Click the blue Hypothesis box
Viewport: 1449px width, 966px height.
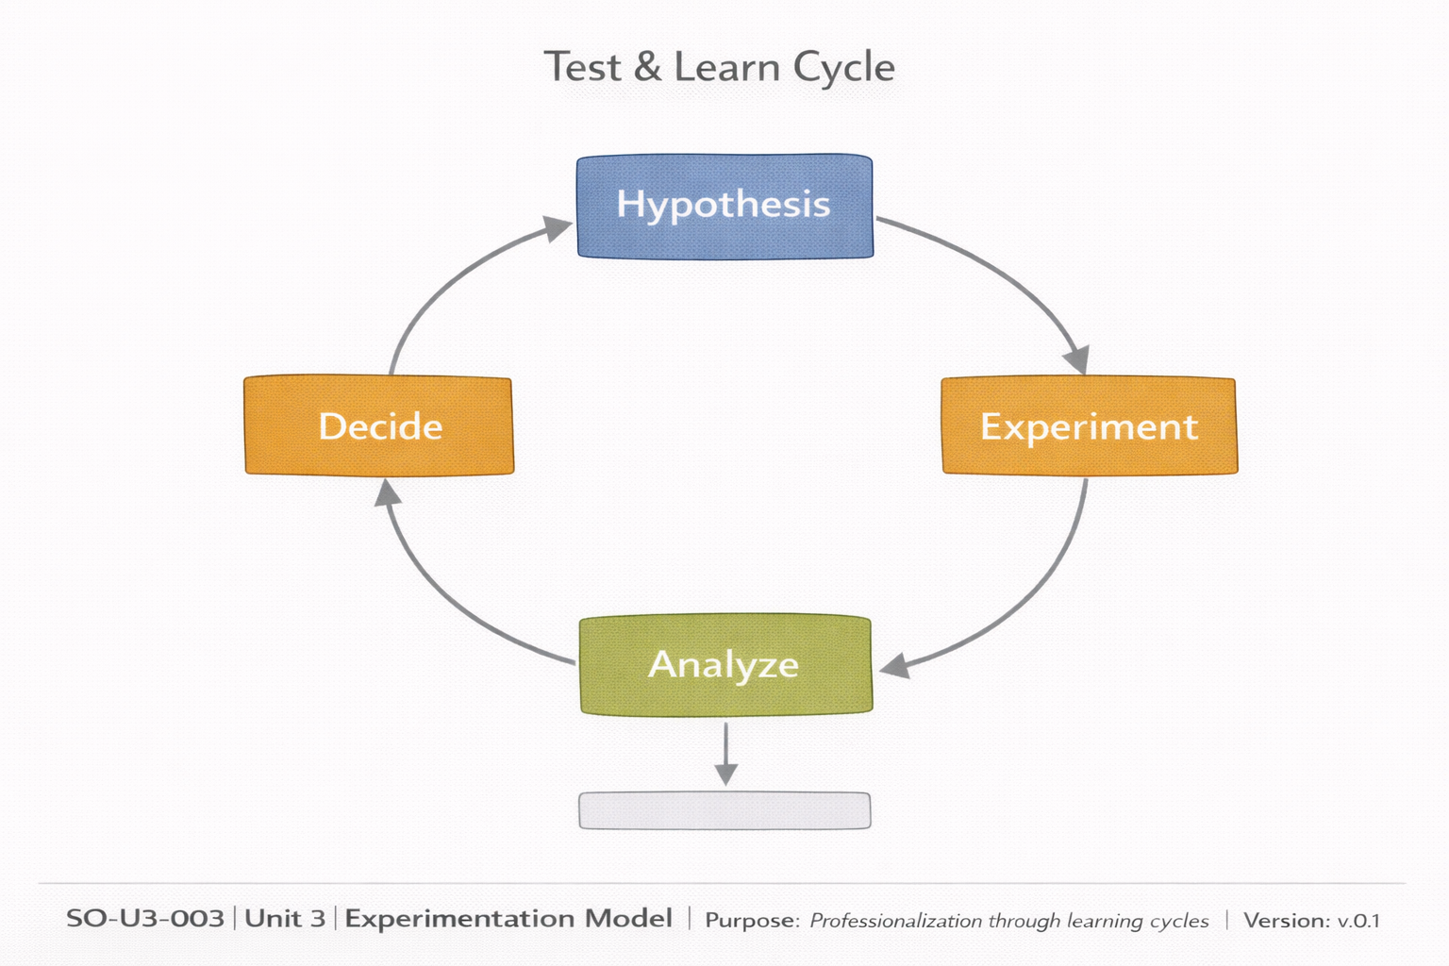[724, 206]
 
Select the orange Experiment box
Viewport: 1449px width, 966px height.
[1089, 426]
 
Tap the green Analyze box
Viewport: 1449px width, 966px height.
[724, 665]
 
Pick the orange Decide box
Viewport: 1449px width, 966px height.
[379, 426]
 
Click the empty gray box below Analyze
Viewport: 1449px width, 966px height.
[724, 810]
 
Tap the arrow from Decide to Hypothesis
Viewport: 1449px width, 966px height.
[443, 283]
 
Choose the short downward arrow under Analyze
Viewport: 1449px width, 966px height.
[725, 753]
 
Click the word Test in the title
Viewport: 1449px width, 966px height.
[583, 68]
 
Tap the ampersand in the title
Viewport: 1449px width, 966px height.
[647, 68]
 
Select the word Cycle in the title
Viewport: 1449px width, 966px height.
[843, 68]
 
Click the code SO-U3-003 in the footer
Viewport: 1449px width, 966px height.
[145, 919]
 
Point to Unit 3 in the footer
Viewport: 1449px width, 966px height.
[285, 919]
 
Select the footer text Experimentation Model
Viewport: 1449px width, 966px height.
[508, 919]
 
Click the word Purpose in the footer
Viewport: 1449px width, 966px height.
[751, 921]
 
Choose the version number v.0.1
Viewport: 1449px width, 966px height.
[1358, 921]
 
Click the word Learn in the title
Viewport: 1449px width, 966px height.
[726, 68]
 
